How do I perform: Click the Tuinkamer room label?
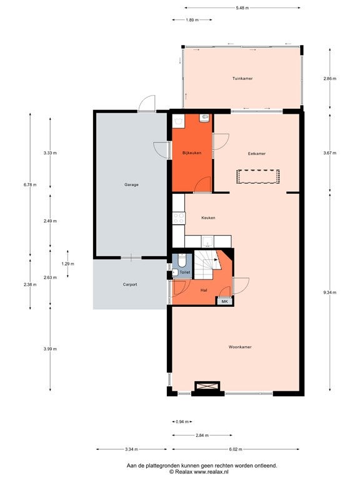pos(242,78)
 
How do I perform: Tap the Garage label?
pos(131,184)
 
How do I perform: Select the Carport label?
pos(130,284)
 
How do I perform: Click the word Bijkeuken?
pos(192,152)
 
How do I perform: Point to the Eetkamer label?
pos(256,154)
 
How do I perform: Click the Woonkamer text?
pos(240,347)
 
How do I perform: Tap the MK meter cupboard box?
pos(225,301)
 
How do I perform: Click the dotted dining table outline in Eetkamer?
pos(257,177)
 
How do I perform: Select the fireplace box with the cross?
pos(207,386)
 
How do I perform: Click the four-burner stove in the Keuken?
pos(179,218)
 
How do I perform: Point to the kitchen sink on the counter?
pos(207,241)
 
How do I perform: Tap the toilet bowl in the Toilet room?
pos(182,260)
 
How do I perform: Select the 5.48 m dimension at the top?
pos(242,8)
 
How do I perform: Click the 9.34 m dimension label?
pos(330,292)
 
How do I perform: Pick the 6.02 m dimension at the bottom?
pos(236,449)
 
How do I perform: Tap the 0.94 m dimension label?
pos(182,422)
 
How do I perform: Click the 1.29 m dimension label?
pos(67,264)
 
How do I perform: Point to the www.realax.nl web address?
pos(211,472)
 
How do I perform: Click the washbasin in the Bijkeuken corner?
pos(204,118)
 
